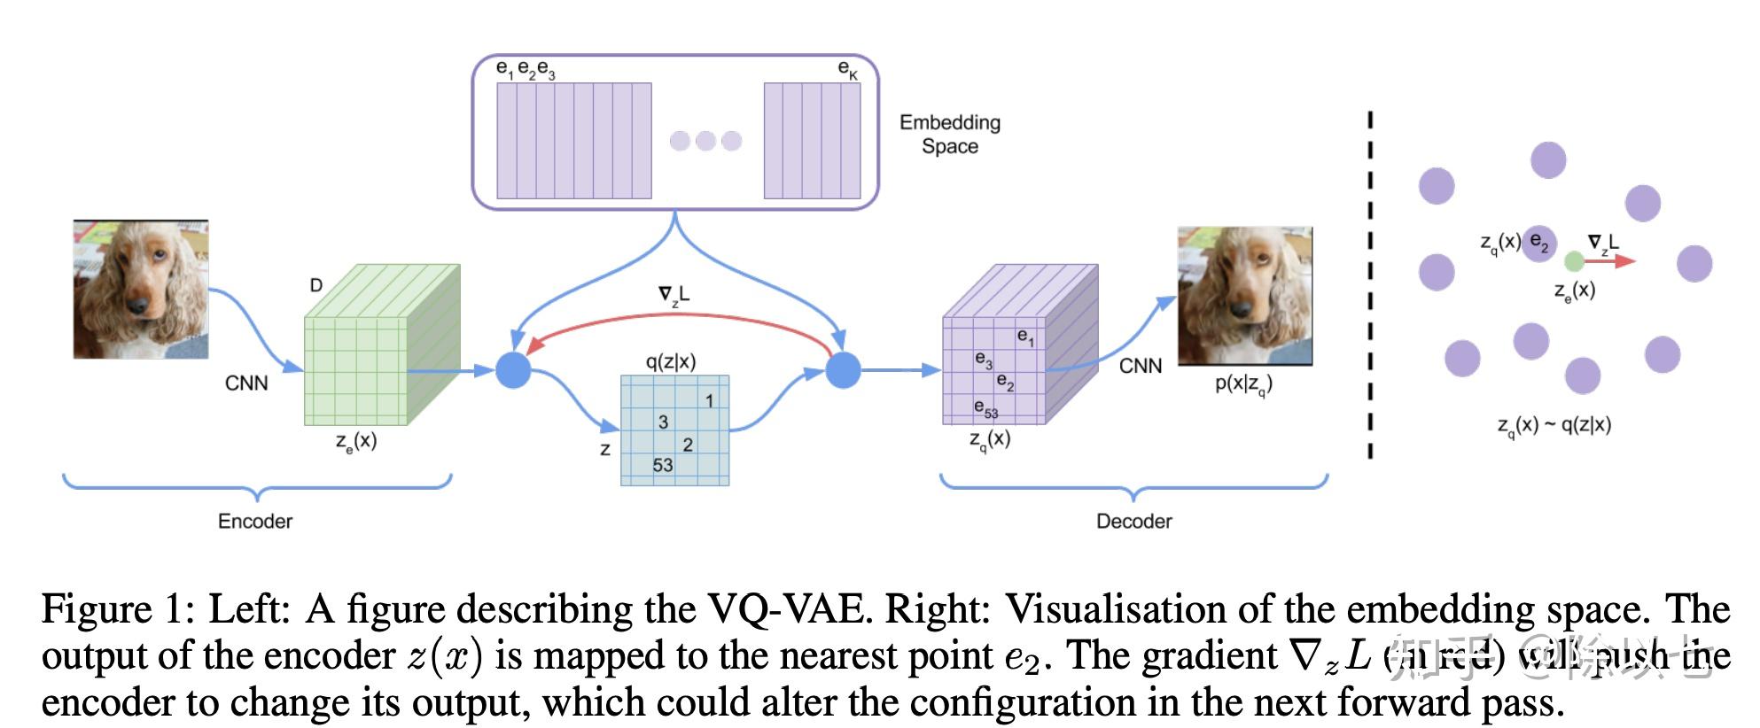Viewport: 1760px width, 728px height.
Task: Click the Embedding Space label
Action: (949, 134)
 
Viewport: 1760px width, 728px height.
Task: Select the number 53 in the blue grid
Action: (662, 465)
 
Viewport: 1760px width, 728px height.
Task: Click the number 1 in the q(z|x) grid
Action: (709, 401)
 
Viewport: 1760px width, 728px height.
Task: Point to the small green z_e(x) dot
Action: (1574, 261)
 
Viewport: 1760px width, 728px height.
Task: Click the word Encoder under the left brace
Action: (254, 521)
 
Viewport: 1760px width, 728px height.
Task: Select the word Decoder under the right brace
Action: (1133, 521)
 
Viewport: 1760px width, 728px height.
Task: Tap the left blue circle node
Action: (512, 369)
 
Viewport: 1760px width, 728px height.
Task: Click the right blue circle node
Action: (843, 369)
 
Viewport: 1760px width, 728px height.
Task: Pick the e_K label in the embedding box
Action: (847, 69)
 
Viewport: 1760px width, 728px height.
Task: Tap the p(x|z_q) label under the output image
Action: (1243, 384)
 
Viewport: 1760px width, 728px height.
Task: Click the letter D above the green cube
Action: (315, 285)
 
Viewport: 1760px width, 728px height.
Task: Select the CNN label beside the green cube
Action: (246, 383)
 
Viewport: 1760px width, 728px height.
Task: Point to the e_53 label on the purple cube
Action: (985, 408)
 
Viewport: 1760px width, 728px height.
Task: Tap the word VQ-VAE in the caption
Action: (784, 609)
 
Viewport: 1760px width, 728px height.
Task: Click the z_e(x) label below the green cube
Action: (356, 441)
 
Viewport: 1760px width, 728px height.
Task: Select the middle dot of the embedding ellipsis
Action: (705, 141)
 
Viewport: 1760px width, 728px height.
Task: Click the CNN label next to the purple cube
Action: (1140, 366)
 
